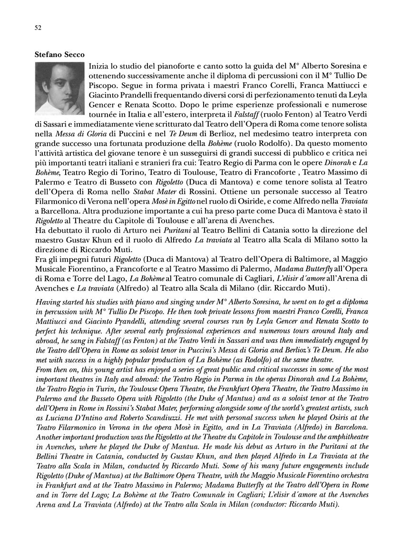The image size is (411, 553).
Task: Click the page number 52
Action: pos(39,28)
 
